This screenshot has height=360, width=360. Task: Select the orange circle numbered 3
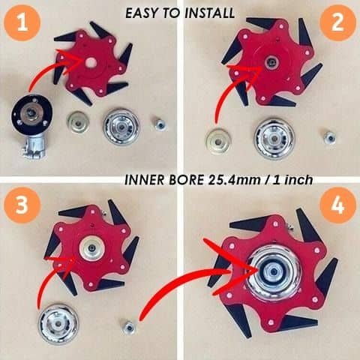[x=25, y=205]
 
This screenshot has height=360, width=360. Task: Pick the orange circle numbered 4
[x=335, y=205]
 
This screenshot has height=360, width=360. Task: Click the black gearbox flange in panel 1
[x=32, y=115]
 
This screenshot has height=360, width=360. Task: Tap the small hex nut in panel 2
[x=328, y=137]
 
